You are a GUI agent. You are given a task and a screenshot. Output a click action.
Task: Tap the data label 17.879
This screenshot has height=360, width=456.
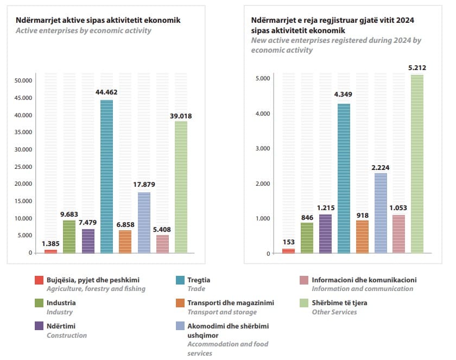coord(144,185)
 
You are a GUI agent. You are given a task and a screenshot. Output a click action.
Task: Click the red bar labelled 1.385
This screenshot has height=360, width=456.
coord(50,251)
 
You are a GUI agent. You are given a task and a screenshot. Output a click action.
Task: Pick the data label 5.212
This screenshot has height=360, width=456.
coord(417,68)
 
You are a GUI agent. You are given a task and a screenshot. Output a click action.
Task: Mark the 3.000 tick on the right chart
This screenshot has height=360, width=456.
coord(263,148)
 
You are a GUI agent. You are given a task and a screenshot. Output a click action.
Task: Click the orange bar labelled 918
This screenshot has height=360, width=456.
coord(362,237)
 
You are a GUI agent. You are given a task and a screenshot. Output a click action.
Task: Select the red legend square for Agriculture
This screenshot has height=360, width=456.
coord(39,280)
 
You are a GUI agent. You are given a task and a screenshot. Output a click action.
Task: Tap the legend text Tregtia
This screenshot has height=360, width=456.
coord(199,280)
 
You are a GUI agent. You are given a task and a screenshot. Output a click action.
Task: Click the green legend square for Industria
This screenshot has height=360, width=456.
coord(39,303)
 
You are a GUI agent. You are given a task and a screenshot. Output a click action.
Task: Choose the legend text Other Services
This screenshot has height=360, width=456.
coord(334,312)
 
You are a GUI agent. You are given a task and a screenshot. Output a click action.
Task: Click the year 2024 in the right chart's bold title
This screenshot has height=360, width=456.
coord(405,20)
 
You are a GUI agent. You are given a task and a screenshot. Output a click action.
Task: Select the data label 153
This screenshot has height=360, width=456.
coord(288,242)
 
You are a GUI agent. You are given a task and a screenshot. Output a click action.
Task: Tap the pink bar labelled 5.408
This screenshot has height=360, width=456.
coord(162,244)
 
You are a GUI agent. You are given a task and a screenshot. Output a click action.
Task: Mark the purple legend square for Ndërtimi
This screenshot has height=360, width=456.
coord(39,326)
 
